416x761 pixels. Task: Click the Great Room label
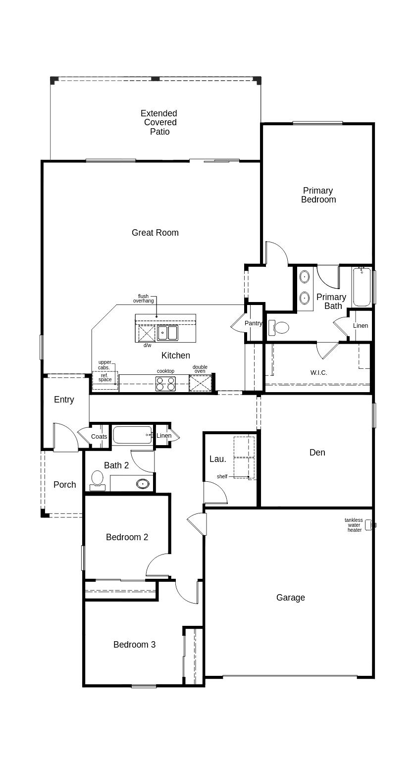[155, 233]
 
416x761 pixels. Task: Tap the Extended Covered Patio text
[159, 122]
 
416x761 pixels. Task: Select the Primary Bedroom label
[318, 195]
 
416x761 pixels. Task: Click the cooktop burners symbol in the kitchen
[165, 384]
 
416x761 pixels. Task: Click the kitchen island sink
[167, 333]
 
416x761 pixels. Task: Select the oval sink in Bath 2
[143, 484]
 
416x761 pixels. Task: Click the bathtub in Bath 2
[132, 435]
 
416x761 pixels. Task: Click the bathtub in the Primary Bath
[362, 288]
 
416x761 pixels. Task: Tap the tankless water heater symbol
[368, 525]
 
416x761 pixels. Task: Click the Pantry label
[254, 323]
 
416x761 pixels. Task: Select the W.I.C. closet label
[318, 373]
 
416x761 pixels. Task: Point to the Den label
[317, 453]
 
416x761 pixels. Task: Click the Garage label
[290, 598]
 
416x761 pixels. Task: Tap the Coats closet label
[99, 437]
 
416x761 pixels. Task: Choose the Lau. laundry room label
[218, 459]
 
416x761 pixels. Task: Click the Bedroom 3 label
[134, 645]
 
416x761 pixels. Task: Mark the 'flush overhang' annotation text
[143, 299]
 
